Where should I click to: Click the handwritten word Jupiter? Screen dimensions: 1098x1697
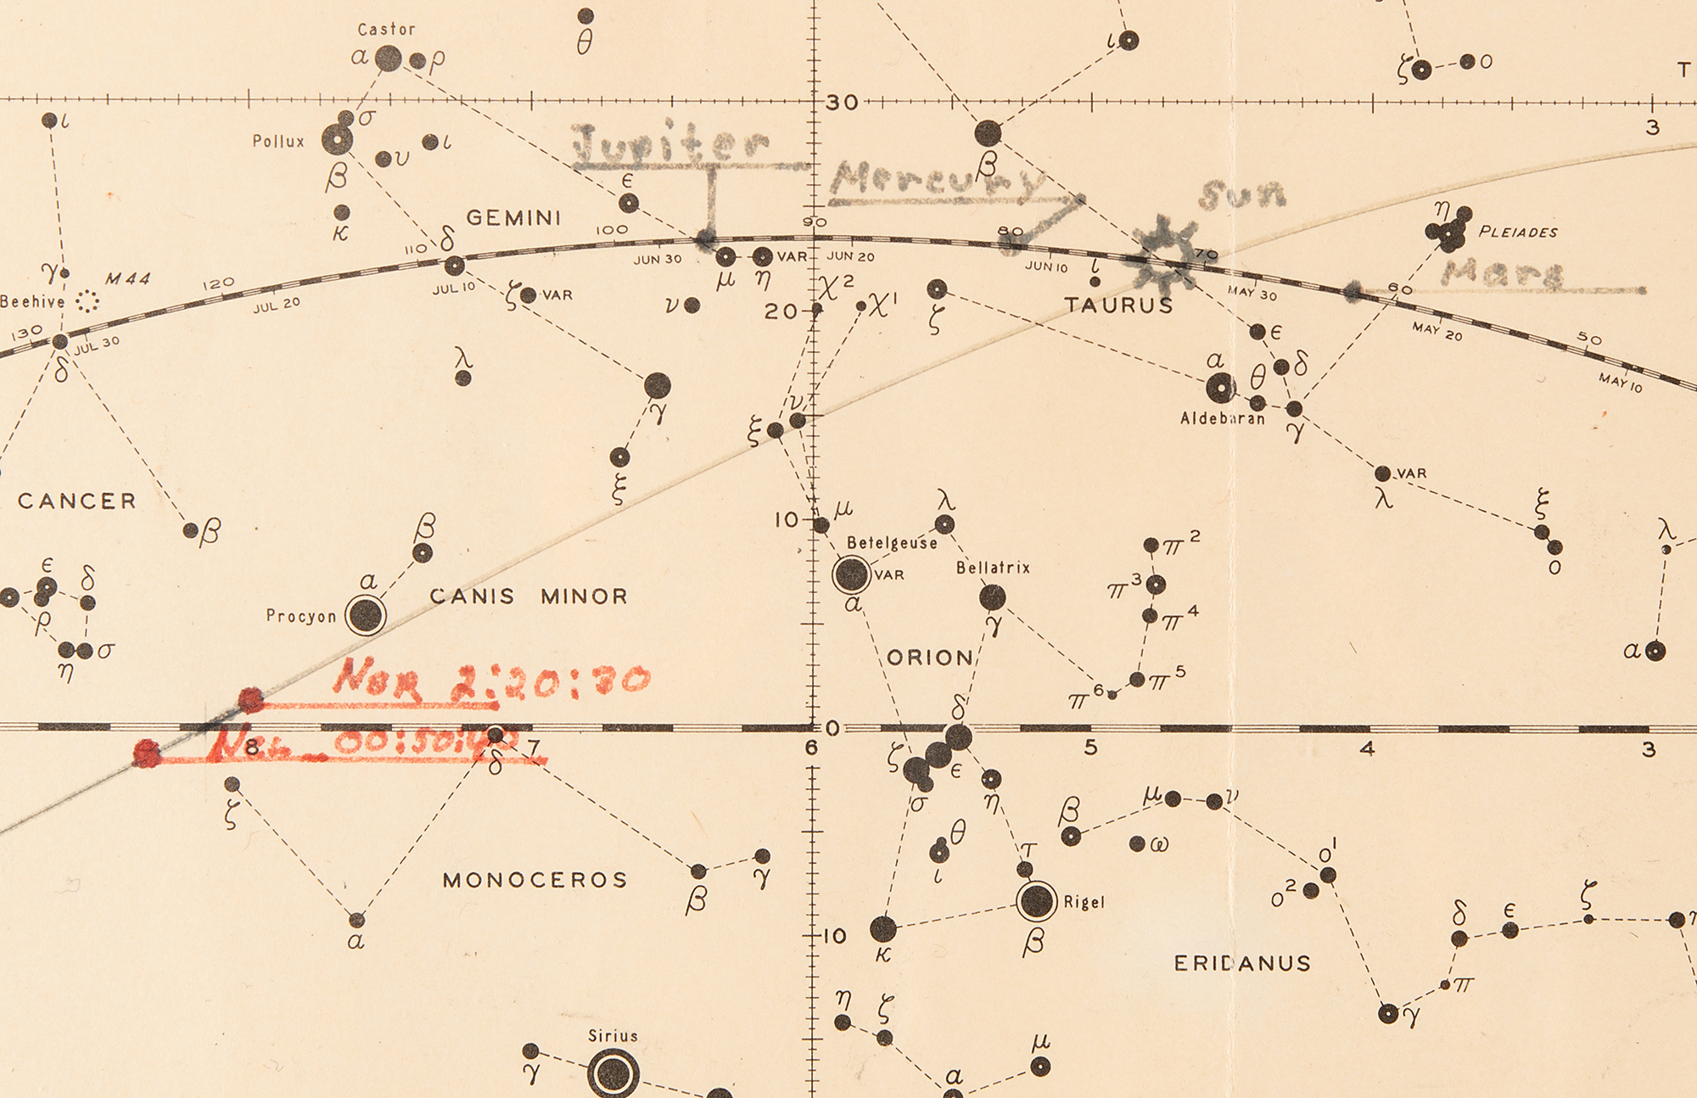click(x=670, y=144)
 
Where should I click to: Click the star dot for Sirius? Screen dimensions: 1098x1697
click(x=613, y=1074)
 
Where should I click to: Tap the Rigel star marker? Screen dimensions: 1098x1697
click(x=1036, y=900)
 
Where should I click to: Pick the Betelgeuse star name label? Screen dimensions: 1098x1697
click(x=892, y=543)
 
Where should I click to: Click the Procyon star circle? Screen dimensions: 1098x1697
click(x=366, y=614)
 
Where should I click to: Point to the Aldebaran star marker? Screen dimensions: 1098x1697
click(x=1220, y=388)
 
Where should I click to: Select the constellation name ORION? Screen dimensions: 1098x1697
click(x=931, y=658)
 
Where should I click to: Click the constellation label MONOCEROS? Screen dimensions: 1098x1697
click(x=535, y=880)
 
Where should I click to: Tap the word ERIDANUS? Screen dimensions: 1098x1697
click(x=1242, y=963)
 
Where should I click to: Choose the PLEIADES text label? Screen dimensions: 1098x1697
click(x=1518, y=232)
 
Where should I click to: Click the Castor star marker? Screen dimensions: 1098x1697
click(x=389, y=59)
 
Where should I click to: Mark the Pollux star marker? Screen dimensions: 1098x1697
click(x=337, y=139)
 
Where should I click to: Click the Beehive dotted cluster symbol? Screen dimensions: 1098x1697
click(x=87, y=301)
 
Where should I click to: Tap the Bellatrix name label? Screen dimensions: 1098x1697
click(x=993, y=568)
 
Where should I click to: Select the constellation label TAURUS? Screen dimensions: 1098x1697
click(x=1118, y=305)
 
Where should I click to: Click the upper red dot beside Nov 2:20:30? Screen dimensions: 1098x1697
click(x=250, y=700)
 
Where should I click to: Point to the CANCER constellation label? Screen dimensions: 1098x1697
click(x=77, y=501)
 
